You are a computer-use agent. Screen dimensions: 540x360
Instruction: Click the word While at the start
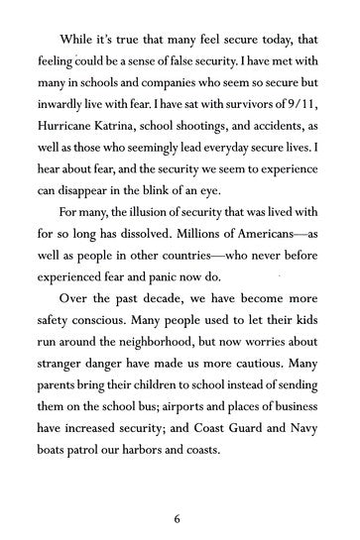coord(78,39)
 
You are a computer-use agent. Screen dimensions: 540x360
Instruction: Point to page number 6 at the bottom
coord(180,516)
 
